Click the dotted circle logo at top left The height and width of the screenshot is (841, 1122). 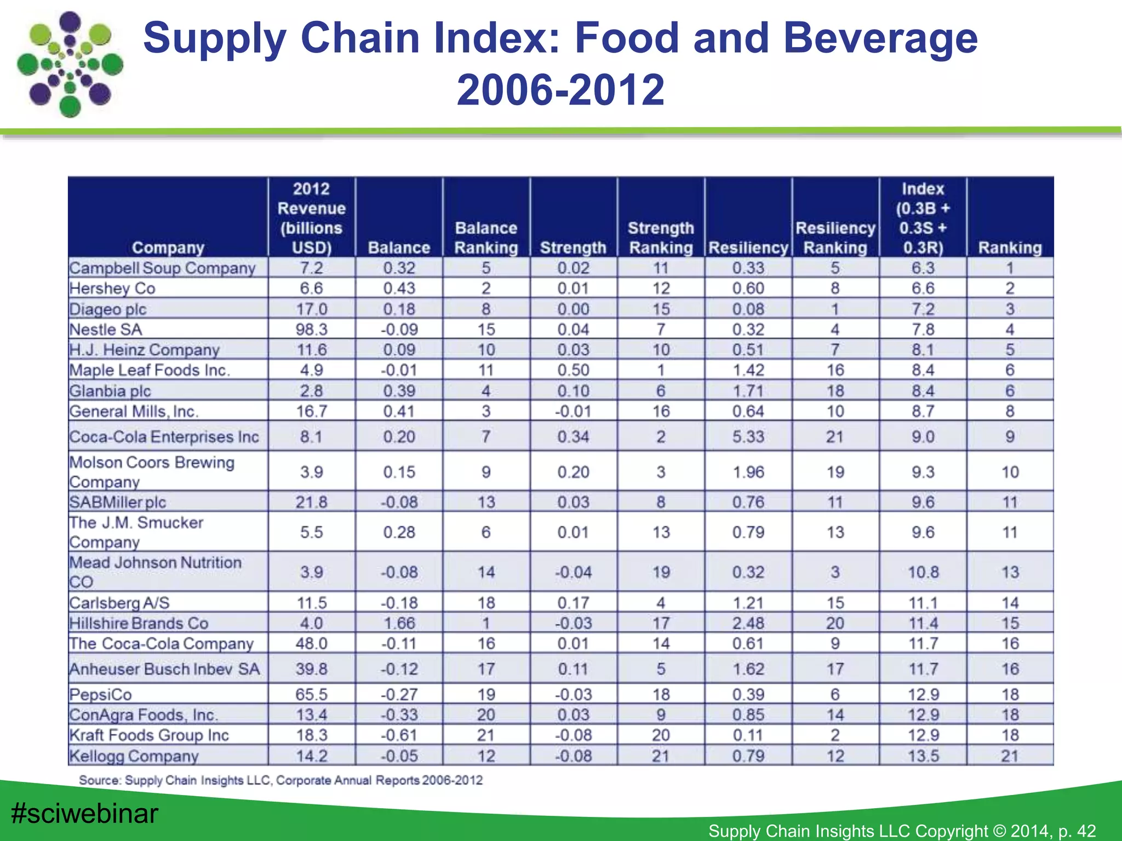(x=70, y=65)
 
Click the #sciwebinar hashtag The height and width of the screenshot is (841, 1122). (x=84, y=814)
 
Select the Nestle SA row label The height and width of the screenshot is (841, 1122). (x=106, y=330)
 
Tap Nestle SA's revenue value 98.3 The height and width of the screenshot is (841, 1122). (x=311, y=330)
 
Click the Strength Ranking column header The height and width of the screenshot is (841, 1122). (x=661, y=238)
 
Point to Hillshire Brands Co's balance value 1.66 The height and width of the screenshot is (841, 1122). (x=399, y=623)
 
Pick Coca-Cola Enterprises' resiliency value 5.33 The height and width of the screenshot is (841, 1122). (x=748, y=437)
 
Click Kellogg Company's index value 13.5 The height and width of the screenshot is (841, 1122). (x=923, y=756)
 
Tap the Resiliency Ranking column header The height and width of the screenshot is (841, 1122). (x=835, y=238)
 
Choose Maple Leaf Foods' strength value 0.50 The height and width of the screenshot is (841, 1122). (x=573, y=370)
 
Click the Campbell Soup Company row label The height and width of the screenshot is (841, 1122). (x=162, y=268)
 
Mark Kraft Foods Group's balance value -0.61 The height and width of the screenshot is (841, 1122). (x=399, y=735)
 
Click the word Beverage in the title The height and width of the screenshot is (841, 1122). (x=880, y=38)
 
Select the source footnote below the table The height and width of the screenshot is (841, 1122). (x=280, y=780)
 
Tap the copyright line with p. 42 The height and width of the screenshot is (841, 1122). (x=902, y=831)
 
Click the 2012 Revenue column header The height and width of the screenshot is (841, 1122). (x=311, y=218)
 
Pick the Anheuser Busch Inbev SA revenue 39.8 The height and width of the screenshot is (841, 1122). (x=311, y=669)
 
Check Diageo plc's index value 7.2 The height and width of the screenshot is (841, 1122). (x=923, y=309)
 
